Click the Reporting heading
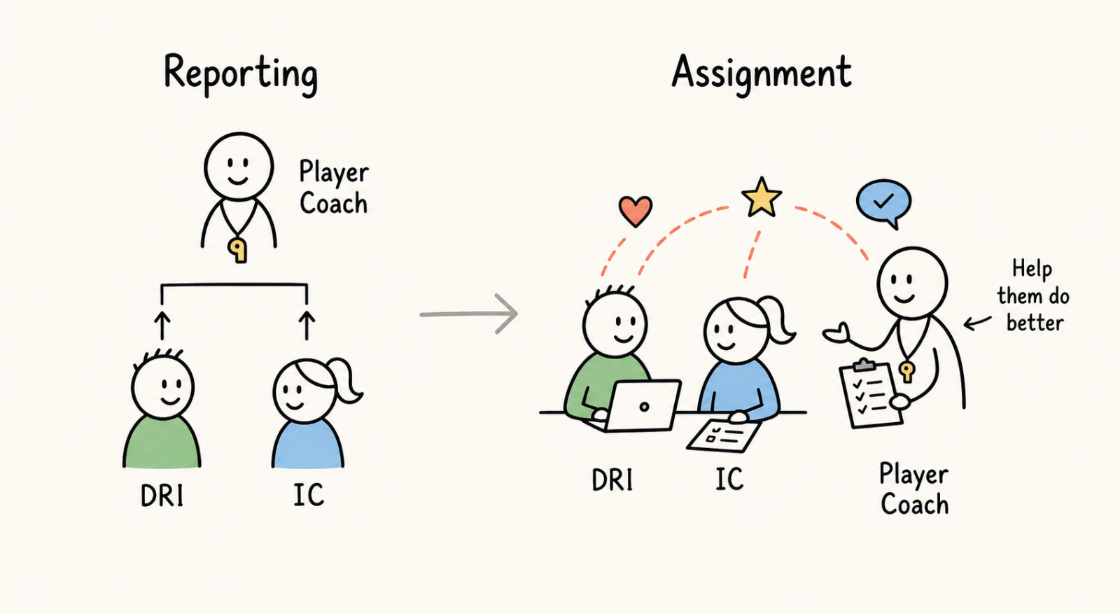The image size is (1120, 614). [241, 75]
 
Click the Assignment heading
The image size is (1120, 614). [762, 74]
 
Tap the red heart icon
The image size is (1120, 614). [636, 211]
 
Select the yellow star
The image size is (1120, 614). [762, 197]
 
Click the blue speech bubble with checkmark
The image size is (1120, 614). [883, 203]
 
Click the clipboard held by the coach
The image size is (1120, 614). [871, 394]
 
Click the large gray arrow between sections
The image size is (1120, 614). [469, 314]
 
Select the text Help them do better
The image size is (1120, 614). [1033, 295]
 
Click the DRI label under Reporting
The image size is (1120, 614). [162, 496]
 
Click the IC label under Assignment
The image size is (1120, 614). [729, 479]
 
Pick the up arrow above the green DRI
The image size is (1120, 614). [162, 326]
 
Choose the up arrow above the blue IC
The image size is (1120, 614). [307, 326]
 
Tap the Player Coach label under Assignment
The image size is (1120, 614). [914, 489]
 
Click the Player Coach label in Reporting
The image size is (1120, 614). [333, 187]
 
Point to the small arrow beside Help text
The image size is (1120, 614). [977, 323]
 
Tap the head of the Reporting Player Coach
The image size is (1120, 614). [239, 167]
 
